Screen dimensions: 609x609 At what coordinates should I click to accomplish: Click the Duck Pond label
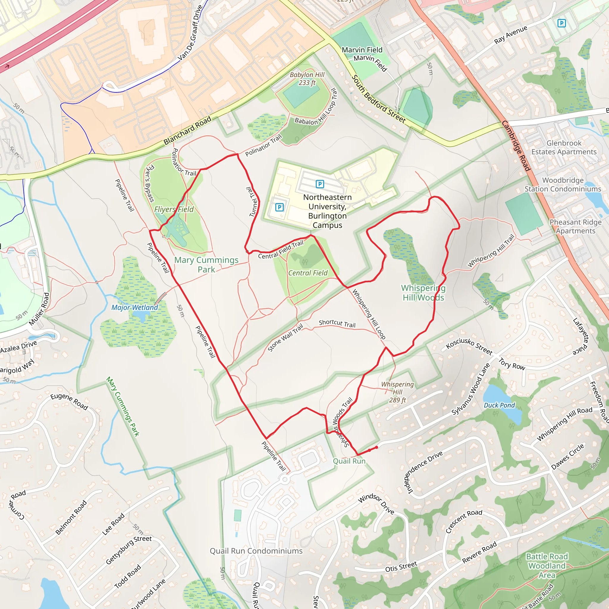[499, 405]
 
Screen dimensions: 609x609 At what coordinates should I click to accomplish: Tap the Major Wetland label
[135, 307]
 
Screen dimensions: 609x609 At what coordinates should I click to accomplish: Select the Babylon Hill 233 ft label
[307, 79]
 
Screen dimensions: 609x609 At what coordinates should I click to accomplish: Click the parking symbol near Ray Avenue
[561, 23]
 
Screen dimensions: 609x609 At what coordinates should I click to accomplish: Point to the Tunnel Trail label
[253, 202]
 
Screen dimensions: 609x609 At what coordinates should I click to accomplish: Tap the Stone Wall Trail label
[285, 338]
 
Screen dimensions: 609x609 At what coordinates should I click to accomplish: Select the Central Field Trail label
[280, 249]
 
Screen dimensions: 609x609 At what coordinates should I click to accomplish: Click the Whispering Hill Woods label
[423, 293]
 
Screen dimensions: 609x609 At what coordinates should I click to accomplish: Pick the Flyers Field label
[174, 209]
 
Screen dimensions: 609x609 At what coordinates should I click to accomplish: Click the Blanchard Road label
[187, 131]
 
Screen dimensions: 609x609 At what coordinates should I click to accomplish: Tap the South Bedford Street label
[379, 99]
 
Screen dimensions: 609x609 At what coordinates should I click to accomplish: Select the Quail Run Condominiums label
[256, 551]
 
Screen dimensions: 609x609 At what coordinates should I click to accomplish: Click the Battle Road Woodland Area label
[547, 566]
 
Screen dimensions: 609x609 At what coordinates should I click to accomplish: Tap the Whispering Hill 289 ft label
[398, 392]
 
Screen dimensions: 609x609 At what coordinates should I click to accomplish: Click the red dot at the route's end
[376, 447]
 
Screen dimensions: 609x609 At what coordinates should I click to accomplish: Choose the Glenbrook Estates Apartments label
[564, 147]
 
